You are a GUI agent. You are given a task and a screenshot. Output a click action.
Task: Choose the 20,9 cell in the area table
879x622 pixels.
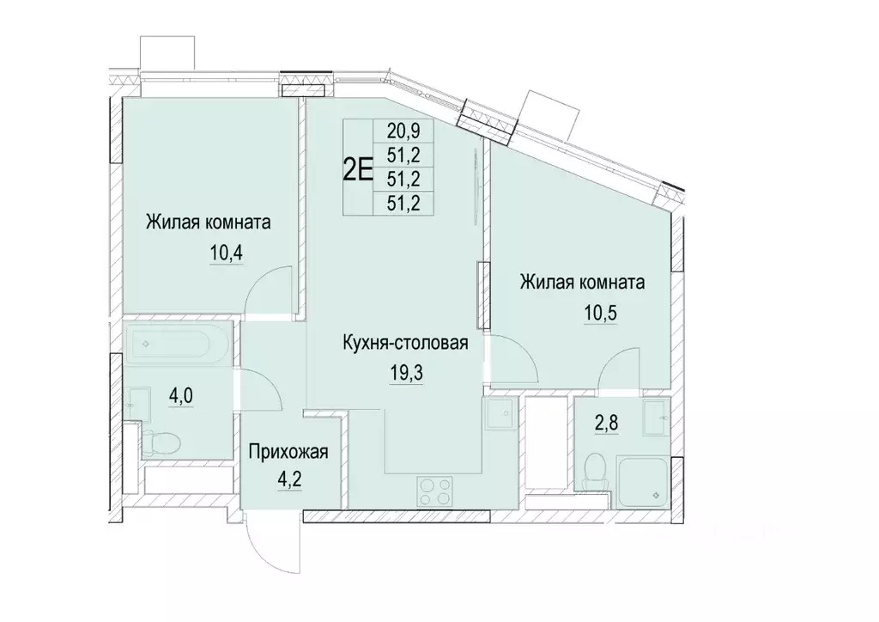click(404, 131)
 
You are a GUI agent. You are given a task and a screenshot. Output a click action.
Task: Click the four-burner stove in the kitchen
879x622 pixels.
click(432, 492)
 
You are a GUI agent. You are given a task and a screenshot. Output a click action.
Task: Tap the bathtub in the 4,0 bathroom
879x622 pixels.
click(177, 345)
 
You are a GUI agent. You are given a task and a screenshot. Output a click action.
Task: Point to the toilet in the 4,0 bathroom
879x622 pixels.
click(160, 443)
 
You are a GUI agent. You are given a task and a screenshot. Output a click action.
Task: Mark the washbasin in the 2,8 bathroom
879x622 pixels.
click(658, 417)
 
